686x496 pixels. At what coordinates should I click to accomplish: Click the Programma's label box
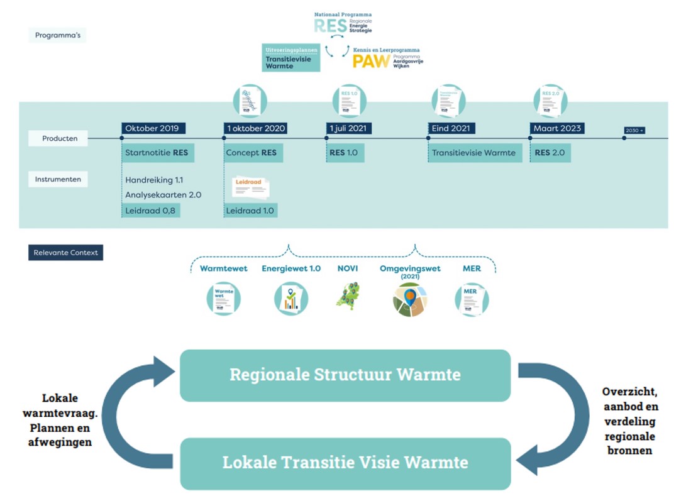pos(57,35)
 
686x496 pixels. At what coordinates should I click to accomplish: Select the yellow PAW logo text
pos(370,61)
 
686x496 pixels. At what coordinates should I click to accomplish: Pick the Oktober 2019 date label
pos(152,128)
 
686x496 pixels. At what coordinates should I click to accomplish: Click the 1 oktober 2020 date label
pos(256,128)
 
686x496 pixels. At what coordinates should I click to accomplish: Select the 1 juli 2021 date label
pos(350,128)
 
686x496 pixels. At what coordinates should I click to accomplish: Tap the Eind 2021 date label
pos(451,128)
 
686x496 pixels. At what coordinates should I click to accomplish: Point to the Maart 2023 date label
pos(558,128)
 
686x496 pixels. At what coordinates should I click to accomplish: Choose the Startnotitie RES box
pos(157,153)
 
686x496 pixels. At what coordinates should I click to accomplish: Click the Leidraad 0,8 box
pos(150,211)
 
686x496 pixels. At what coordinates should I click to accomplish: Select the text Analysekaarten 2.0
pos(163,195)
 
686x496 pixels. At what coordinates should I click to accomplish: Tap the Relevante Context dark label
pos(65,253)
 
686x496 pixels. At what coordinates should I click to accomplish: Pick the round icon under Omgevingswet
pos(409,299)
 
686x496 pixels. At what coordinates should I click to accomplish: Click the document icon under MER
pos(472,299)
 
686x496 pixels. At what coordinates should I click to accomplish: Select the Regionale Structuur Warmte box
pos(345,375)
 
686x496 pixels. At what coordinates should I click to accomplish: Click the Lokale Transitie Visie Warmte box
pos(345,463)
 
